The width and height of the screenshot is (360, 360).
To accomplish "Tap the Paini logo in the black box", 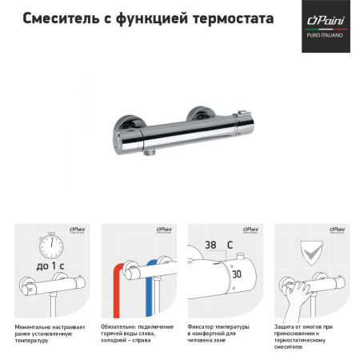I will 326,18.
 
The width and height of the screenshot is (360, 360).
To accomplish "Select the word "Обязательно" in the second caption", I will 123,327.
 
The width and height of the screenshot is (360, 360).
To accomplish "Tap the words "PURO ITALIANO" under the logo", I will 326,34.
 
